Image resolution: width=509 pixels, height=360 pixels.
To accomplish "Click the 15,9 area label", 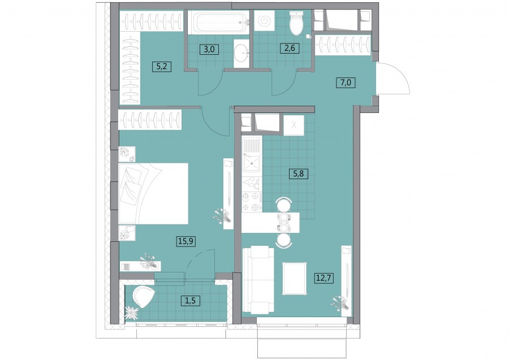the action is coord(187,241).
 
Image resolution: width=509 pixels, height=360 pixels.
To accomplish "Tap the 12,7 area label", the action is coord(324,278).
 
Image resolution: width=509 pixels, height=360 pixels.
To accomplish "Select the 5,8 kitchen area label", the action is coord(298,174).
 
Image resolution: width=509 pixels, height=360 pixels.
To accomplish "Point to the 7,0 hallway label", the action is coord(346,83).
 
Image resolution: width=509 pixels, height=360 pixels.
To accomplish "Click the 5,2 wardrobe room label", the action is coord(162,67).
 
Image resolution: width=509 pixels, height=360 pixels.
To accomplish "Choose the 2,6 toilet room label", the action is coord(290,48).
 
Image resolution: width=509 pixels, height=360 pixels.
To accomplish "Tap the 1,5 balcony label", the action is coord(190,301).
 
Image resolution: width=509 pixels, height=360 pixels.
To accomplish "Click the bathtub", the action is coord(218,22).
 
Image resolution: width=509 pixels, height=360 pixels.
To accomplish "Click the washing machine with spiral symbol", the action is coord(264,21).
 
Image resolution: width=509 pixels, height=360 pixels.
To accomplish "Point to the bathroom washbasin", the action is coord(241,54).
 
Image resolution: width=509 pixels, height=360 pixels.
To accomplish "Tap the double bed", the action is coord(153,193).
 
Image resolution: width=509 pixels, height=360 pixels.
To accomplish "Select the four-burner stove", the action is coord(252,201).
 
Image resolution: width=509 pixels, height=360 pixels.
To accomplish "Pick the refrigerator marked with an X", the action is coord(294,125).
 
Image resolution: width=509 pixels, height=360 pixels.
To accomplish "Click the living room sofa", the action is coord(258,280).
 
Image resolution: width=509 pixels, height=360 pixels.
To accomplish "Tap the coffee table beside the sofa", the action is coord(295,279).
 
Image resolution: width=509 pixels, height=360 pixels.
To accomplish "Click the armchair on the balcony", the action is coord(143,297).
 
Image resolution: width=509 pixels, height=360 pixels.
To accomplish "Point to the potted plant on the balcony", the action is coord(132,313).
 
